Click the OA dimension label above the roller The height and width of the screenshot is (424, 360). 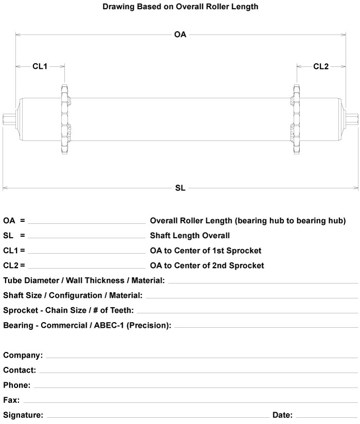(180, 35)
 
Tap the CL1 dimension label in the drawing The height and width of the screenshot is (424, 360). (40, 66)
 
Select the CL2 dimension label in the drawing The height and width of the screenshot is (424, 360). (321, 66)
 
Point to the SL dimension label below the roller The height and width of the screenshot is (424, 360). (180, 188)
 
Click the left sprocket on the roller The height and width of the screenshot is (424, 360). (64, 119)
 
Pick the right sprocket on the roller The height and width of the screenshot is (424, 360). (296, 119)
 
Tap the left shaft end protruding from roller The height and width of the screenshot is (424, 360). (9, 119)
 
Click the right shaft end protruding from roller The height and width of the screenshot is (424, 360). (352, 119)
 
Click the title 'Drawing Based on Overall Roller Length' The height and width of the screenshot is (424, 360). (180, 7)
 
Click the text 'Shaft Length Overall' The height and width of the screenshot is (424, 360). (190, 236)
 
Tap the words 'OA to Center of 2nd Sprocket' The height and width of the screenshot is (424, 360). (207, 266)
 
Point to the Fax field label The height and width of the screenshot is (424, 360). (11, 400)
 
